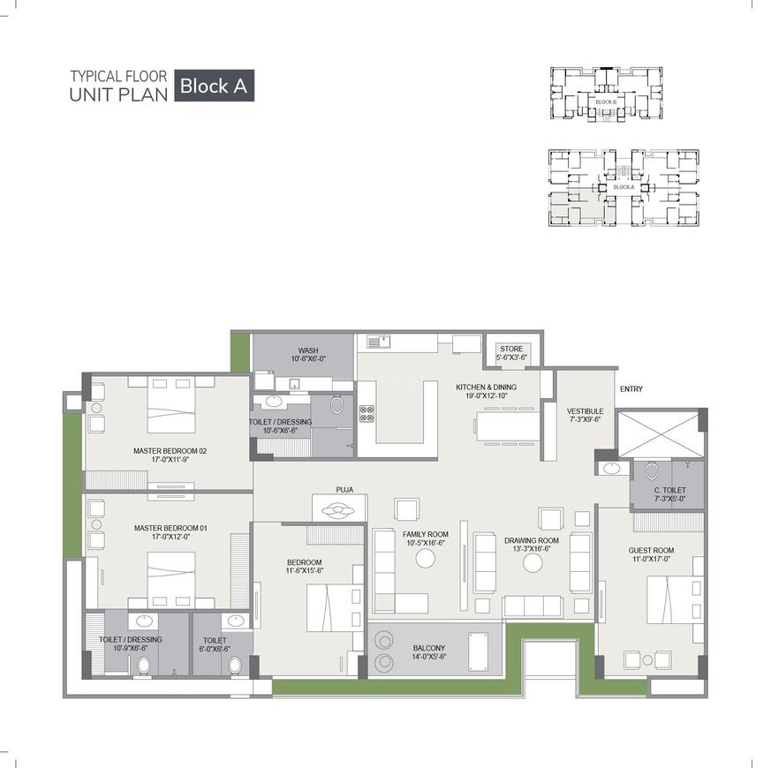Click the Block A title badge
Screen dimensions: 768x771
pyautogui.click(x=215, y=86)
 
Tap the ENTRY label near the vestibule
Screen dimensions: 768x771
pyautogui.click(x=631, y=389)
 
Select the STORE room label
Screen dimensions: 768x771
pyautogui.click(x=512, y=349)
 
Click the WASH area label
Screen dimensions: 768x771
pyautogui.click(x=307, y=350)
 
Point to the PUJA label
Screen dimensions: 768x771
pyautogui.click(x=344, y=488)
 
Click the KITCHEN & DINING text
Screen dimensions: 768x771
pyautogui.click(x=486, y=387)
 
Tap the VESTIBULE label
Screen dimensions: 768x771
pyautogui.click(x=585, y=411)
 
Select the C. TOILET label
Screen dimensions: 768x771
pyautogui.click(x=669, y=490)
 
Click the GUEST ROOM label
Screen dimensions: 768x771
pyautogui.click(x=651, y=550)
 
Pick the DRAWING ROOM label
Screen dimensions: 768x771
pyautogui.click(x=532, y=540)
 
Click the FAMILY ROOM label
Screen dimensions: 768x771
pyautogui.click(x=426, y=534)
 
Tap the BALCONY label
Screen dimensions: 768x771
pyautogui.click(x=430, y=648)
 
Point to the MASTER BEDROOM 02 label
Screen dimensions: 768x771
pyautogui.click(x=170, y=451)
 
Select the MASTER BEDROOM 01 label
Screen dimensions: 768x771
pyautogui.click(x=170, y=528)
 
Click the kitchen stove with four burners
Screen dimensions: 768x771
pyautogui.click(x=367, y=411)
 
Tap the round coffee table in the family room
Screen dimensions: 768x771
pyautogui.click(x=426, y=559)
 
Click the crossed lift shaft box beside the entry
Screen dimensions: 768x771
pyautogui.click(x=661, y=433)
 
